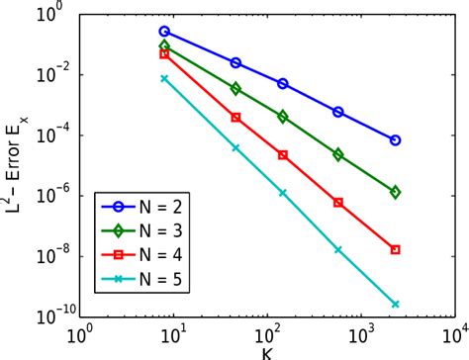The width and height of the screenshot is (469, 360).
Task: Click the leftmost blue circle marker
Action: (164, 32)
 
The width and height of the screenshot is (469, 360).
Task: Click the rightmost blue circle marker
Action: (396, 140)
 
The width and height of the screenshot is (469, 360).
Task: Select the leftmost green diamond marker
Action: (164, 46)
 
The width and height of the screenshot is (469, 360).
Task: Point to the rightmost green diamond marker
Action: (396, 192)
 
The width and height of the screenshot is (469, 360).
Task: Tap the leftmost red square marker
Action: (164, 54)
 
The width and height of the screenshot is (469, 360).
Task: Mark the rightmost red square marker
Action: (396, 250)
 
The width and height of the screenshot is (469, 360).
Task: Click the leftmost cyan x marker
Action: (164, 78)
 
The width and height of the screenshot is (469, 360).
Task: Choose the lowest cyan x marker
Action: (396, 305)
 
